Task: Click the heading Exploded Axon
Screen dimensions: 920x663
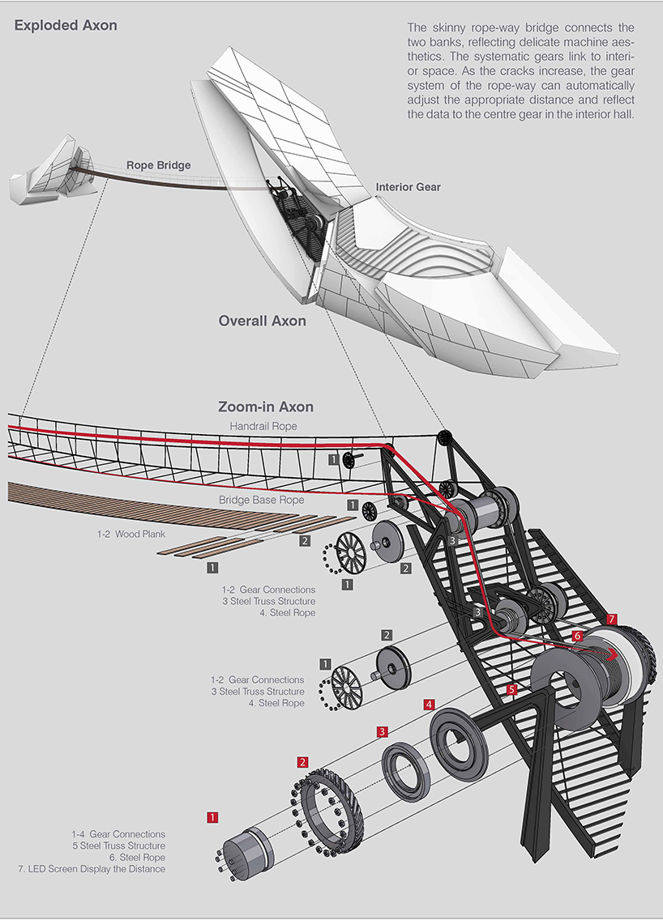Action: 66,25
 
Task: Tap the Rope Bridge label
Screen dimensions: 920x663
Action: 158,165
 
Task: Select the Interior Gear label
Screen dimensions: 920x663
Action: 408,187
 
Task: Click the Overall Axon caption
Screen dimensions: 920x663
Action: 262,321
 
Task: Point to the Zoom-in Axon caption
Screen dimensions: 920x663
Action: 265,407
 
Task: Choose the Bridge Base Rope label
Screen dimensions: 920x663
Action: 261,500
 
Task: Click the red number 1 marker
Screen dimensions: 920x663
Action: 212,817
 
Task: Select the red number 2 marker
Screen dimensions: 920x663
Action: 302,762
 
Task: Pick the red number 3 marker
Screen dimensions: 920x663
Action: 383,732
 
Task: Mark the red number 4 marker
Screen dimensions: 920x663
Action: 429,705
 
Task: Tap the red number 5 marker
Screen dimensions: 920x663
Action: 511,690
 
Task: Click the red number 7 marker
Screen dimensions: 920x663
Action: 612,620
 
